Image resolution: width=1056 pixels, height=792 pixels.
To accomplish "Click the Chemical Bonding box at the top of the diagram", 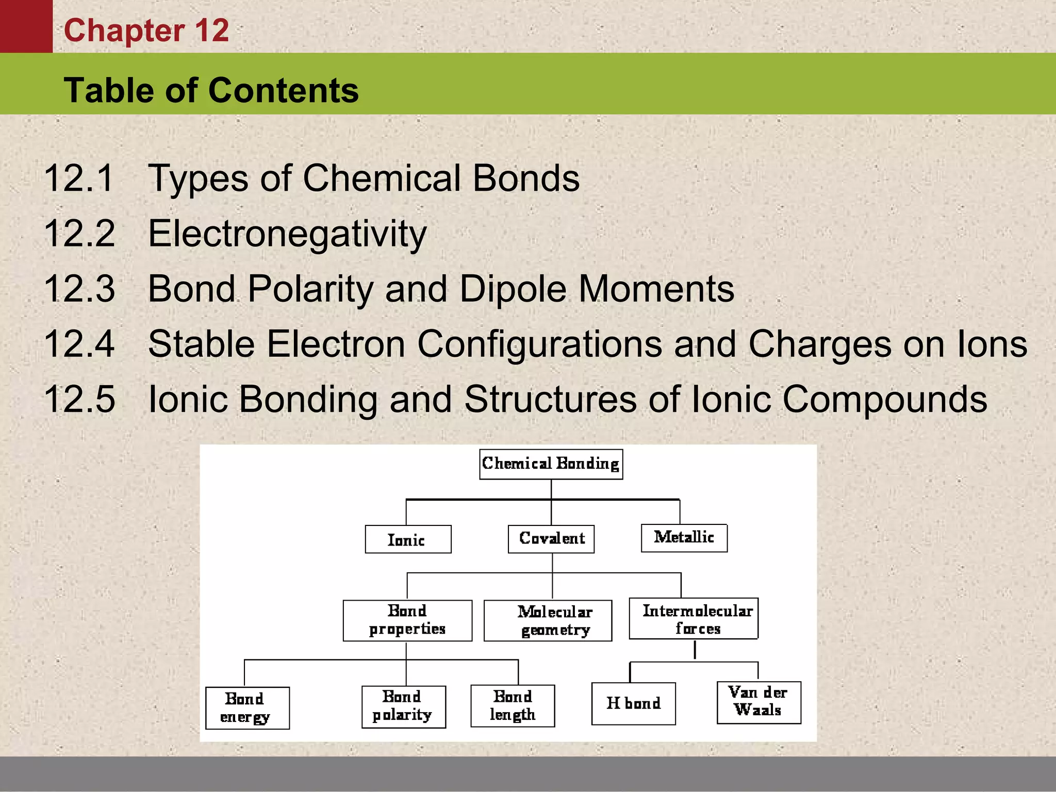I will pos(551,464).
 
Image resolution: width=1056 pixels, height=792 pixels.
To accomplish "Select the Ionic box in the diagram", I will pos(408,539).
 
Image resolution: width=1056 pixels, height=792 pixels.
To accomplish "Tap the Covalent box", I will pos(551,539).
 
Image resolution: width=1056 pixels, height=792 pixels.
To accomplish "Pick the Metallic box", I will pos(684,538).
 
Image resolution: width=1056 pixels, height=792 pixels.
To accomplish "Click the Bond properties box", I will pos(407,620).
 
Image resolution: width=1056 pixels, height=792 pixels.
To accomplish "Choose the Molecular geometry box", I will pos(548,621).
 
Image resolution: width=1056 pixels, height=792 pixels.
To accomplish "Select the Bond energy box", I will pos(247,708).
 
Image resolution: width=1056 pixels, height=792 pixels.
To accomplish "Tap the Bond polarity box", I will pos(404,706).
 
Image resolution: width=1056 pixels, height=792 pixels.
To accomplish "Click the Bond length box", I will pos(513,706).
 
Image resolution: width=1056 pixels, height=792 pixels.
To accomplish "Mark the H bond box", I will pos(634,704).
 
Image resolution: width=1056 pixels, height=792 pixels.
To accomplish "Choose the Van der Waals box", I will pos(758,702).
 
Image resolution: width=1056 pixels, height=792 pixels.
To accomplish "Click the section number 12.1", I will pos(79,178).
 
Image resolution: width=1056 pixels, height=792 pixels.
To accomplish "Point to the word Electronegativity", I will pos(287,234).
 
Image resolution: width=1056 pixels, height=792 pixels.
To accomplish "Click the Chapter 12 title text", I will pos(146,30).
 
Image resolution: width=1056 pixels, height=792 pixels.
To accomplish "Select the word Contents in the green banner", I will pos(284,91).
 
